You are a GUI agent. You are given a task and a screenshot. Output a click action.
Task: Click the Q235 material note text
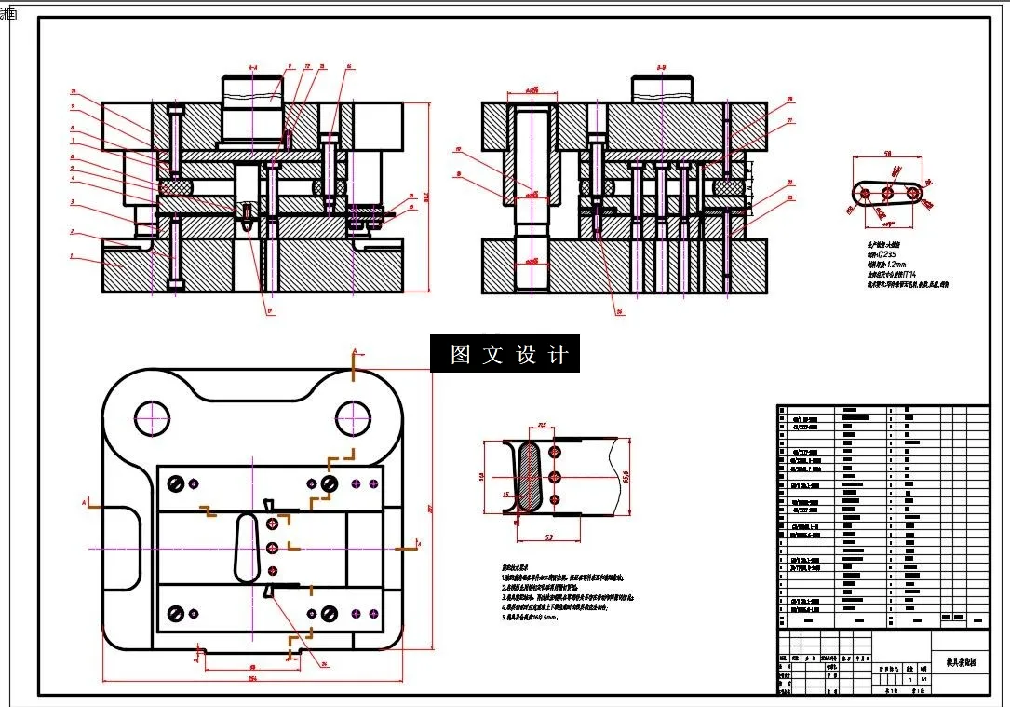point(885,253)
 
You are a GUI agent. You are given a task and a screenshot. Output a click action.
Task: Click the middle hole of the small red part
point(888,193)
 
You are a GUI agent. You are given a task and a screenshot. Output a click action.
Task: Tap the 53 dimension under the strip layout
point(549,537)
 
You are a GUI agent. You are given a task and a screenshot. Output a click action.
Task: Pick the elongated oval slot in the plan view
point(248,548)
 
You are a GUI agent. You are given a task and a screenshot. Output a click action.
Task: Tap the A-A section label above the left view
point(252,68)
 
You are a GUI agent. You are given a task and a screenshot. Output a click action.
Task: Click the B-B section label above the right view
point(660,68)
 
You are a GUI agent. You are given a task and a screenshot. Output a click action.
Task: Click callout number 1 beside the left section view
point(71,253)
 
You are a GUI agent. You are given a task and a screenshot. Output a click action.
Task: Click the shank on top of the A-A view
point(254,91)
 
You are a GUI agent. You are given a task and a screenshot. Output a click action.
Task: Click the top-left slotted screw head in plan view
point(175,483)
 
